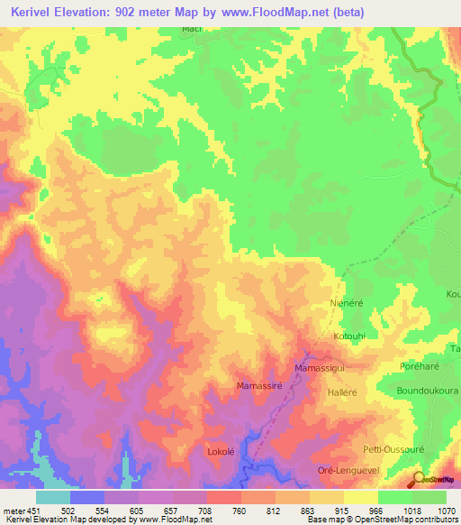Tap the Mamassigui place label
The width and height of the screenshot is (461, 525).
tap(320, 369)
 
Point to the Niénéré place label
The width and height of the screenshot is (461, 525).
tap(347, 304)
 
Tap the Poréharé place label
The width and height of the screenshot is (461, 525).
tap(419, 367)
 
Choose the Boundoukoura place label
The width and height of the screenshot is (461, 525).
tap(428, 391)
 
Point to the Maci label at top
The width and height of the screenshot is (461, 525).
tap(191, 30)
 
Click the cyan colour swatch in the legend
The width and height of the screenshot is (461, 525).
tap(53, 497)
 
